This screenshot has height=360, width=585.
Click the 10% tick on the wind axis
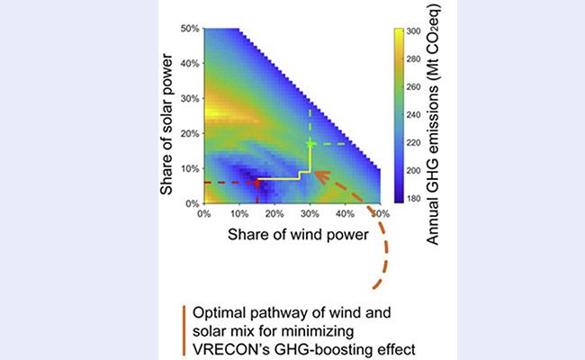tap(239, 213)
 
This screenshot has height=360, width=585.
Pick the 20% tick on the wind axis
tap(274, 213)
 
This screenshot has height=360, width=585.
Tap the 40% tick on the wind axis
tap(346, 213)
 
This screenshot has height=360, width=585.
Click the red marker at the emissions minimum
tap(256, 182)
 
